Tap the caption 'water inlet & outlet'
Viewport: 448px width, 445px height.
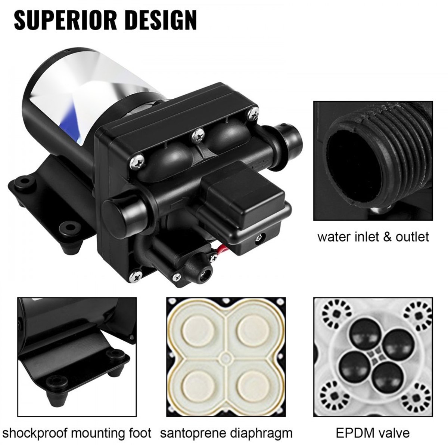point(373,237)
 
